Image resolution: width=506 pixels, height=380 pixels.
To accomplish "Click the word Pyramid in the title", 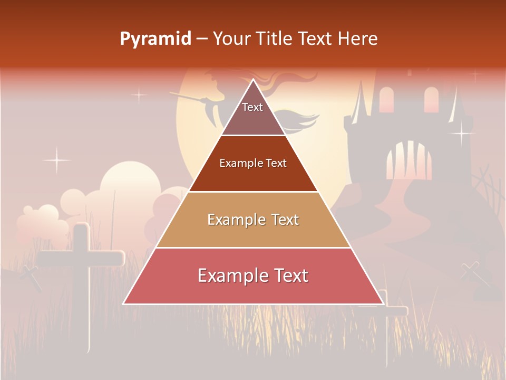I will pos(155,39).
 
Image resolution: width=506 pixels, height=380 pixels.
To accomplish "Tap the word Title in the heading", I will pos(275,39).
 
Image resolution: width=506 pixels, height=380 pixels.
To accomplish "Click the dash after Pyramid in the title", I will pos(202,39).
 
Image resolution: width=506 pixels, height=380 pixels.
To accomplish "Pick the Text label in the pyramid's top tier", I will pos(252,108).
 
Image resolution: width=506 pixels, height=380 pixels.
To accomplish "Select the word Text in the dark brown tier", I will pos(276,164).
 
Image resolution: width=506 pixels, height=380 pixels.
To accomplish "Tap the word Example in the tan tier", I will pos(235,220).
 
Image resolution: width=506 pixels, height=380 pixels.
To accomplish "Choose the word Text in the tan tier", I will pos(285,220).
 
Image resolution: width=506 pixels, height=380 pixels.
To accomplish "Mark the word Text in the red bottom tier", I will pos(290,276).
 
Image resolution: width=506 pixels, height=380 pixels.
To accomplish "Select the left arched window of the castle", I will pos(386,100).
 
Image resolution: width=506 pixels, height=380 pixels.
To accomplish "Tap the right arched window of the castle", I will pos(431,99).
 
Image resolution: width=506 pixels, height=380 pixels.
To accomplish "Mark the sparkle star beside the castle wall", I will pos(462,132).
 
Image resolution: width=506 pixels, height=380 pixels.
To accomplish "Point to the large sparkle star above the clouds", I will pos(56,160).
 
